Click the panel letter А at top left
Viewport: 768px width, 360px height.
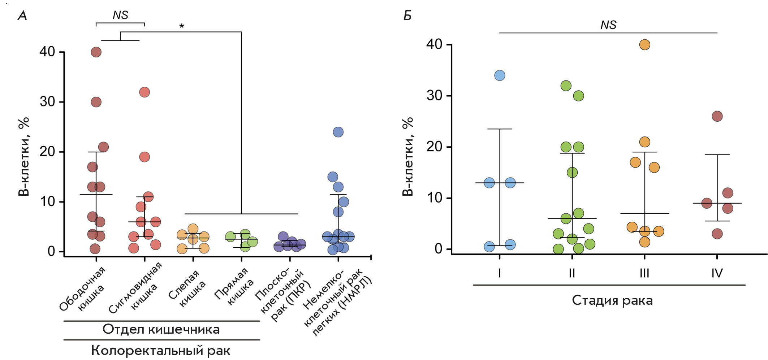22,16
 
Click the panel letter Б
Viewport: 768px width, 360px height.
407,16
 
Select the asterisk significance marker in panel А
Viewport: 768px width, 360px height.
182,26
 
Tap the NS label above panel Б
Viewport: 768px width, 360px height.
608,25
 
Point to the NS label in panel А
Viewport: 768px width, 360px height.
120,15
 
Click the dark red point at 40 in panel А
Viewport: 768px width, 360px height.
96,52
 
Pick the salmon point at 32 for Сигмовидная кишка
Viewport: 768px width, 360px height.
144,92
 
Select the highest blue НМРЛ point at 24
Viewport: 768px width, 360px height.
338,132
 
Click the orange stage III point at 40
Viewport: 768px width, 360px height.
645,45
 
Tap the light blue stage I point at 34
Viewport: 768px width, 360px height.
500,75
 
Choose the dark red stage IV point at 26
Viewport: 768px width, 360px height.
717,116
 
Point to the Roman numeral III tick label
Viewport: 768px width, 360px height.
644,273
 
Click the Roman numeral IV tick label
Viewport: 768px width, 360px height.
717,273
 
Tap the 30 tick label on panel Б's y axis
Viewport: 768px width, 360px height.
434,96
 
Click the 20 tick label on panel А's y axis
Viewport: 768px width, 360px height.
47,152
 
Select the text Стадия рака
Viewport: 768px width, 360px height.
612,300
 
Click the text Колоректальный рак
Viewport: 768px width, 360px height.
161,350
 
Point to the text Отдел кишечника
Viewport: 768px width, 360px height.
161,329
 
